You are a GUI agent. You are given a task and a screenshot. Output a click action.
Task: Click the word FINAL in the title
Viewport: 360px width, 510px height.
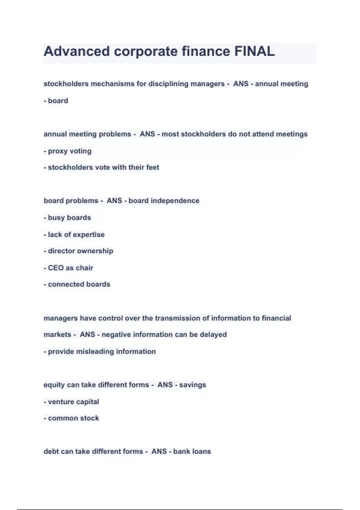click(254, 51)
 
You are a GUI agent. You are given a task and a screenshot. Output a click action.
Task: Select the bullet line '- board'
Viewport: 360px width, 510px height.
click(56, 100)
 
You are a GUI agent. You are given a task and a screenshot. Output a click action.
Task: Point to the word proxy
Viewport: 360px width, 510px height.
click(57, 151)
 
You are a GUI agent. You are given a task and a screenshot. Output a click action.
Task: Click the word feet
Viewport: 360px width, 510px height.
click(152, 167)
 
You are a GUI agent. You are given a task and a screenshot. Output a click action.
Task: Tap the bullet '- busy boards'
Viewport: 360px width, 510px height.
click(67, 217)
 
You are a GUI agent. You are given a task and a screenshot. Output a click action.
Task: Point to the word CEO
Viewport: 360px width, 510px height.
click(55, 268)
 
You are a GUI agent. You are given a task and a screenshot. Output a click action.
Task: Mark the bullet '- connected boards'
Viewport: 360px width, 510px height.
click(77, 284)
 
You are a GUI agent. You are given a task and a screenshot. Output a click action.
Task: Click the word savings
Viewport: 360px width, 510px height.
click(193, 385)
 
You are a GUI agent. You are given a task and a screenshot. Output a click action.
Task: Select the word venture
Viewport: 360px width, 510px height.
click(61, 402)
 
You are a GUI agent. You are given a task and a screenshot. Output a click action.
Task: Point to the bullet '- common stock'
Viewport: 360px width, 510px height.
click(71, 418)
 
